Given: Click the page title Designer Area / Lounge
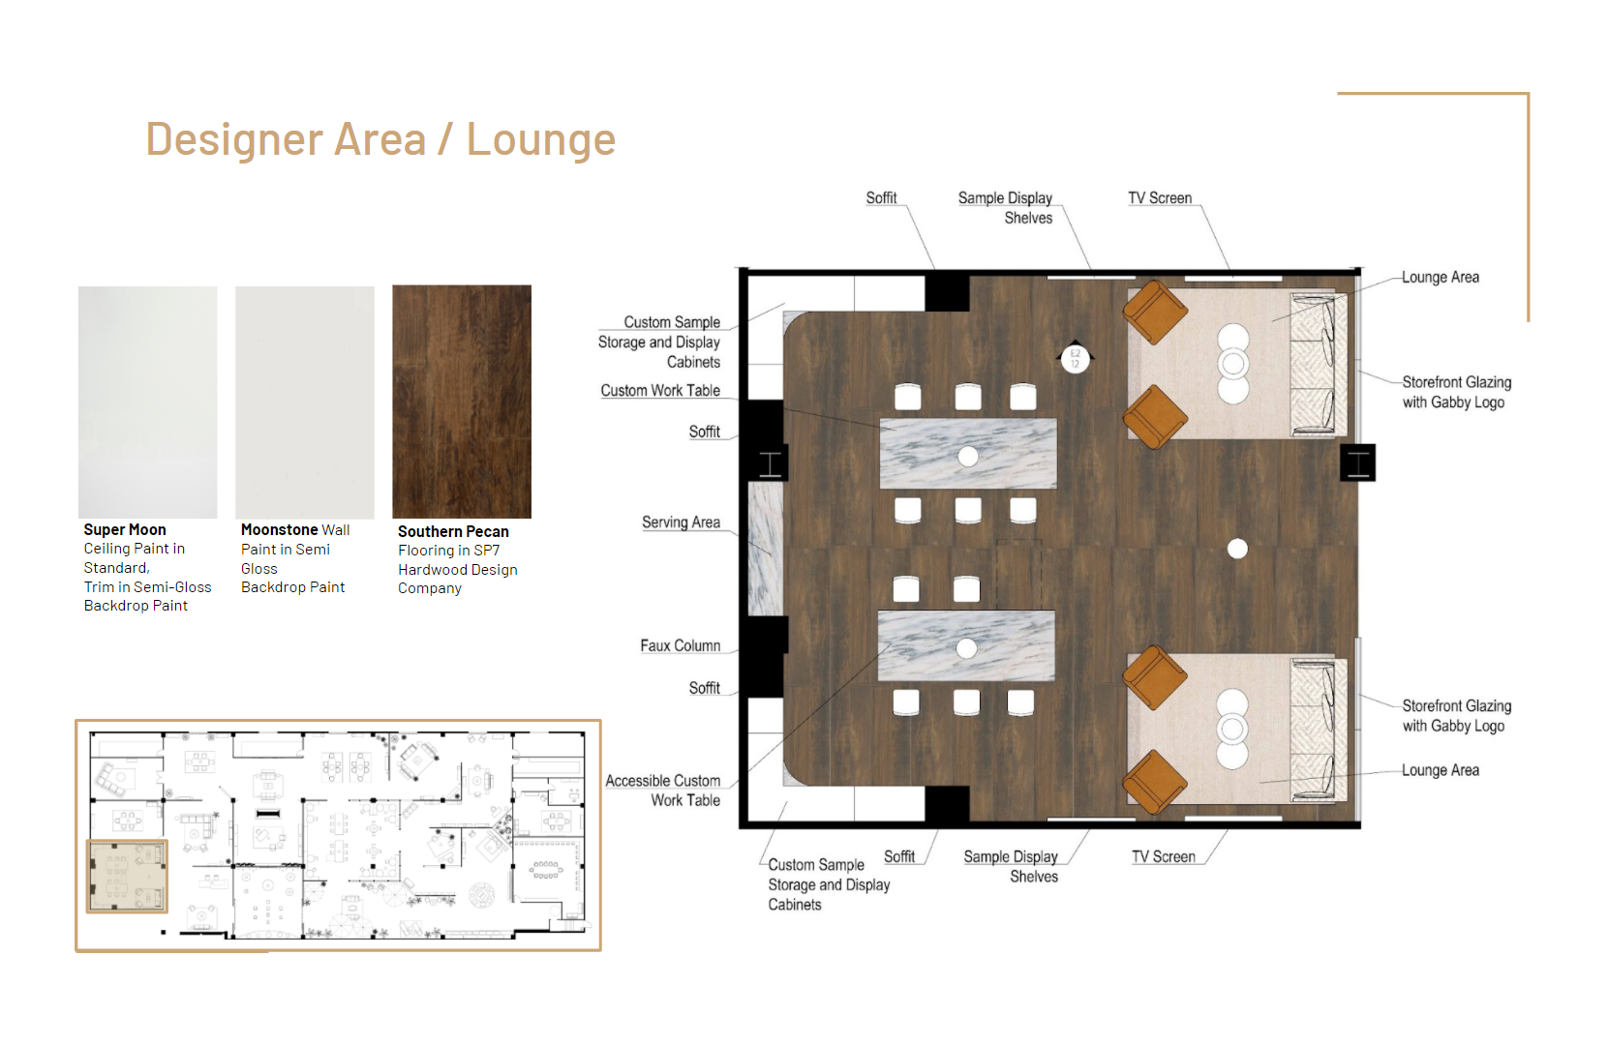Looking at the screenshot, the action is pos(380,138).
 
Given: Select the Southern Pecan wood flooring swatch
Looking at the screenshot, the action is pos(462,402).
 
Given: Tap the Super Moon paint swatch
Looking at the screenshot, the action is pos(148,402).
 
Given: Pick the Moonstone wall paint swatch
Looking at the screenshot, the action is pos(305,402).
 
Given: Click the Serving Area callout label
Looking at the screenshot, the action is pos(681,522).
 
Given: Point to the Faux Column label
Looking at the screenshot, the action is pos(681,646).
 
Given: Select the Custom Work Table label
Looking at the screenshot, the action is pos(660,391).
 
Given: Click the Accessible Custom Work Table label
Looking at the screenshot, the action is pos(662,791).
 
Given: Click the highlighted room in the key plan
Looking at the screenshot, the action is pos(127,877).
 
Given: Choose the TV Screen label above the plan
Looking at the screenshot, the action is pos(1160,198).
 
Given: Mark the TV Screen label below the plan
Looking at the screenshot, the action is pos(1164,857).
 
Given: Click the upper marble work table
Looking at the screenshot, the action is pos(968,454).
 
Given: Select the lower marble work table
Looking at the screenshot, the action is pos(966,646).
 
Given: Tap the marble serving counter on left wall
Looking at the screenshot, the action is pos(765,549).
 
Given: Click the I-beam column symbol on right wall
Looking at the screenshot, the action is pos(1357,463).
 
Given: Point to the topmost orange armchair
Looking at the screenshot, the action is pos(1155,313).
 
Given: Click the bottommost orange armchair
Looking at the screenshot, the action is pos(1154,782).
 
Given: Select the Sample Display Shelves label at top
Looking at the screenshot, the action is pos(1006,208).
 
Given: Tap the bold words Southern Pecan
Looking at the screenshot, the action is pos(453,532).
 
